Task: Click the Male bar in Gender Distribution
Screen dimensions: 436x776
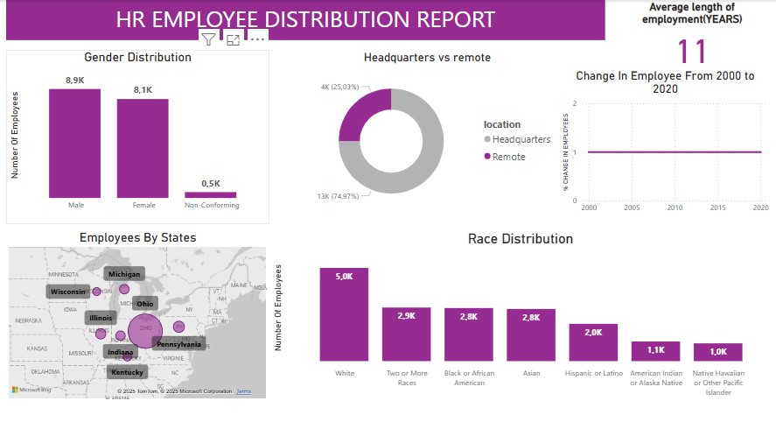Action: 74,144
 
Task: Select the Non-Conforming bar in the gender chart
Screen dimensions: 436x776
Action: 211,195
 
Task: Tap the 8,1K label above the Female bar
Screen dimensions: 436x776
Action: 143,89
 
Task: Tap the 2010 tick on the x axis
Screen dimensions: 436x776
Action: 675,208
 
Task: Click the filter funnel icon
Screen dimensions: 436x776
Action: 208,39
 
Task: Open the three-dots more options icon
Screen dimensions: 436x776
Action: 257,39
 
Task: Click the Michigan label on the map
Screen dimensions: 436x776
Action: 124,274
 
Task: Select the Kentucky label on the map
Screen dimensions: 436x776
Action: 128,372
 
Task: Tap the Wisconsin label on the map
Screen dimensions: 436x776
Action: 67,292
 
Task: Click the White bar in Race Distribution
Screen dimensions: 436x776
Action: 345,314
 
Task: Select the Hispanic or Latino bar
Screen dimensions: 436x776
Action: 593,342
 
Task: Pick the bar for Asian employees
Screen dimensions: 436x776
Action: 530,335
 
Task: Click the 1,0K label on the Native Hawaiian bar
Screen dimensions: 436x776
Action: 718,351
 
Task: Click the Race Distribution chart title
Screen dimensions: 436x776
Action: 520,239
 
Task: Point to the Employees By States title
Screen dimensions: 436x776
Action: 137,237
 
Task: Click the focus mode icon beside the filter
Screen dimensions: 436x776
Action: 233,39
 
